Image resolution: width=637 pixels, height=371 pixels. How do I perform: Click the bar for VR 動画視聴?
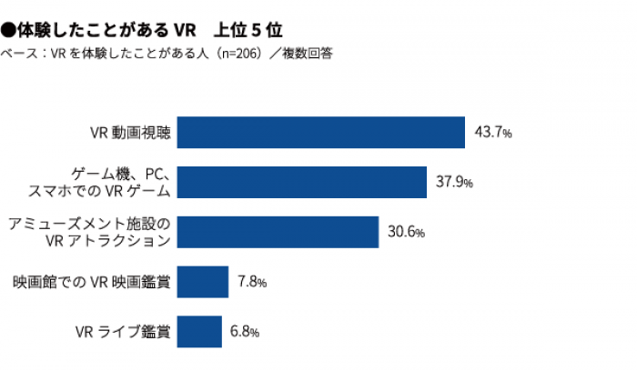[320, 132]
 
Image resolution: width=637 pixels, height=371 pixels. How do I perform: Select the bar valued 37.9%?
[301, 182]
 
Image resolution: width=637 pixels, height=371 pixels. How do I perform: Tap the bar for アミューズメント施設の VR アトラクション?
[278, 232]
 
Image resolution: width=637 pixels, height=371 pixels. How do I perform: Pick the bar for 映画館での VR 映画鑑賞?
[202, 282]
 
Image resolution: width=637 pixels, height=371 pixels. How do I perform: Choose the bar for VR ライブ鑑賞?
[199, 331]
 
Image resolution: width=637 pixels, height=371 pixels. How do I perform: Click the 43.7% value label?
[494, 132]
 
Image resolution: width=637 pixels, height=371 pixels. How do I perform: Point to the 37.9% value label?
[454, 182]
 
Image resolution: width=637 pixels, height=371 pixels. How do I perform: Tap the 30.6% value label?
[406, 232]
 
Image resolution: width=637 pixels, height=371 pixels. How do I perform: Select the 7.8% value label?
[251, 282]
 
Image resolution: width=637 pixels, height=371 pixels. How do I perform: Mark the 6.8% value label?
[246, 331]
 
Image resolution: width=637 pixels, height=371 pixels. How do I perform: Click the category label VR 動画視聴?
[129, 132]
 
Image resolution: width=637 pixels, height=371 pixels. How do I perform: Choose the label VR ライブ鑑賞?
[122, 331]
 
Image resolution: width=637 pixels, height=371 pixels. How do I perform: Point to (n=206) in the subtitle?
[225, 53]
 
